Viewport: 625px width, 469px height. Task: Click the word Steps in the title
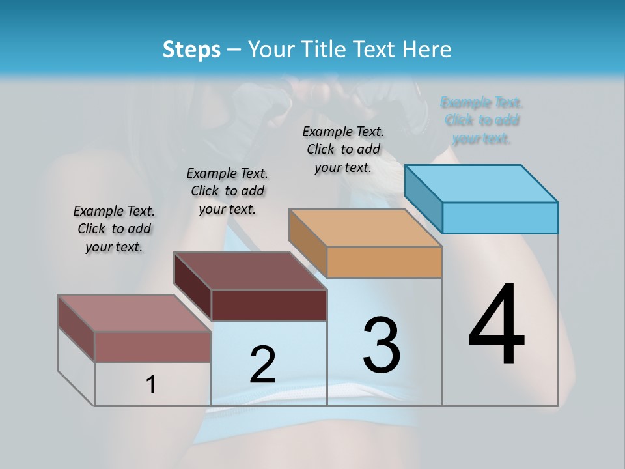coord(191,50)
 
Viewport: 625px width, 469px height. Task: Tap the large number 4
coord(496,326)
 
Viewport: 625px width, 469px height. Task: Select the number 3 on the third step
coord(382,345)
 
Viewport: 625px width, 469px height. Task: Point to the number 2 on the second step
coord(262,365)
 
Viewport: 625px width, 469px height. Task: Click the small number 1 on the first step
coord(151,385)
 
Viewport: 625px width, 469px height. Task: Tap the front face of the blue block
coord(500,218)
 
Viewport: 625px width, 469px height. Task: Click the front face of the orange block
coord(384,262)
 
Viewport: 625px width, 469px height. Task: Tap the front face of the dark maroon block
coord(268,305)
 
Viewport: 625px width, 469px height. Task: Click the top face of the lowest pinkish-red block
coord(134,313)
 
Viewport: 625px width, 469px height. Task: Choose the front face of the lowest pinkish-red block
coord(152,347)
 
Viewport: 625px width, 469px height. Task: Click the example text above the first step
coord(114,229)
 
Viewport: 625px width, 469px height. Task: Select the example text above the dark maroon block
coord(227,191)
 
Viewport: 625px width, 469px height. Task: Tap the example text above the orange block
coord(343,149)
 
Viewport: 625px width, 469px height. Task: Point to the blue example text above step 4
coord(482,121)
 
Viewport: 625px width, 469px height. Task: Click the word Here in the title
coord(427,50)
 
